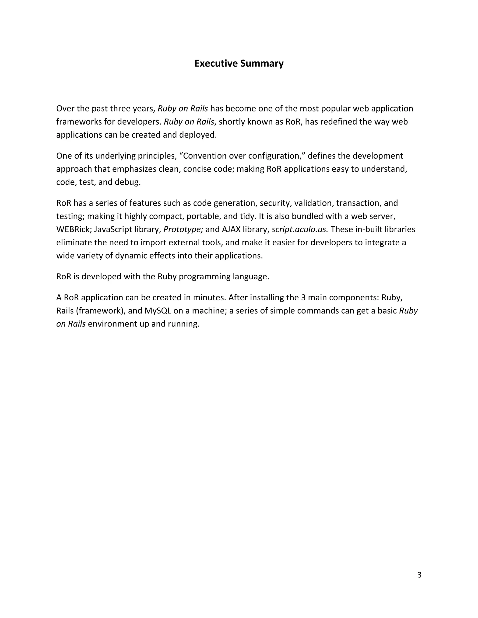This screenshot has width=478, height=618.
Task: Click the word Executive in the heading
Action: [x=216, y=63]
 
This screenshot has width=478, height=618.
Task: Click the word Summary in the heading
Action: [x=262, y=63]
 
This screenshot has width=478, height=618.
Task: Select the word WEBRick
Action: [x=73, y=229]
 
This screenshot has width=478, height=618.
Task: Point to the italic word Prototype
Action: [x=183, y=229]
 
